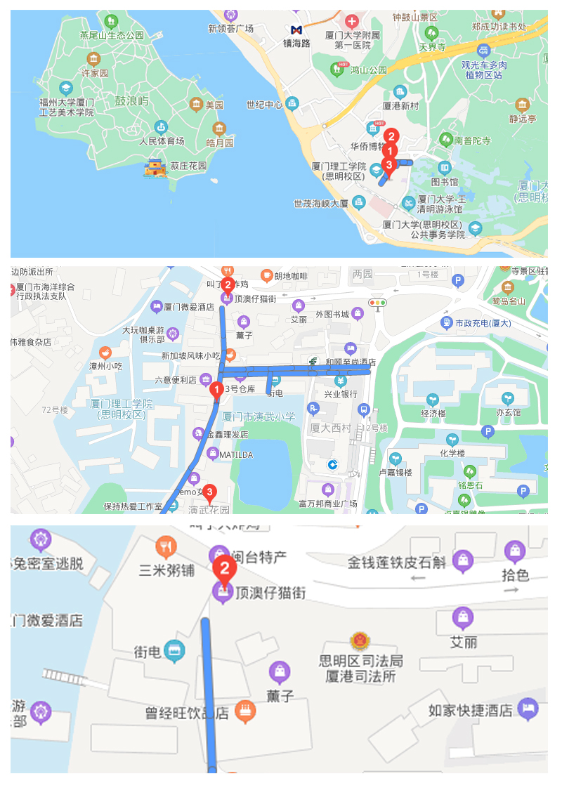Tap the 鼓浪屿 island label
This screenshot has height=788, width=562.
coord(132,102)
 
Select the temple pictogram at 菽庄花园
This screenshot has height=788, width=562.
coord(155,167)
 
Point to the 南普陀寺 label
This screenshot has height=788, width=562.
coord(473,140)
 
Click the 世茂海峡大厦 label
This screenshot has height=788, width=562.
coord(321,204)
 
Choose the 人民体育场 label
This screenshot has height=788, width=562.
coord(162,141)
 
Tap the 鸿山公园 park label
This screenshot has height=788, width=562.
coord(369,70)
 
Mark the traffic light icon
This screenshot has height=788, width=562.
coord(378,303)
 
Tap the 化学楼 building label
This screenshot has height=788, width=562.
coord(452,453)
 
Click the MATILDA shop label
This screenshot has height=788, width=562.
coord(235,455)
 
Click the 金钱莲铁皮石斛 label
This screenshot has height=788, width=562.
coord(397,562)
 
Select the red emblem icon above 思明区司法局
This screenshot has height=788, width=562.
coord(361,642)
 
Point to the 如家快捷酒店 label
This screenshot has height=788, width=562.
coord(471,710)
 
